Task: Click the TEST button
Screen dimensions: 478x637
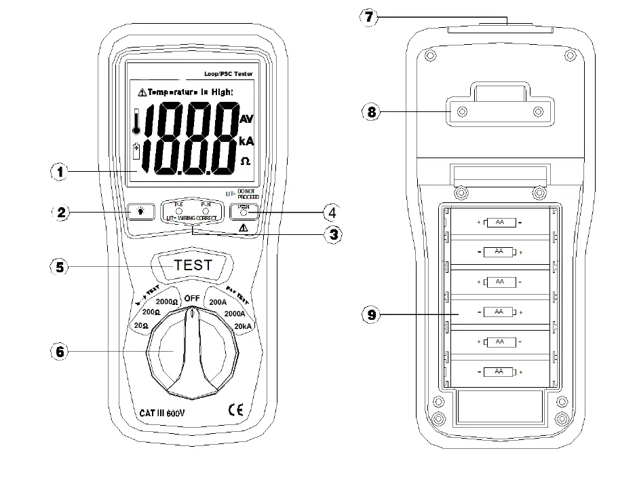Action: coord(193,265)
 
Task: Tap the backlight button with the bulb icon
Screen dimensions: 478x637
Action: coord(140,213)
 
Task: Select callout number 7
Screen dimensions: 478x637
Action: coord(368,18)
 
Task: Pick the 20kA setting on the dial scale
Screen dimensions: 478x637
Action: coord(242,327)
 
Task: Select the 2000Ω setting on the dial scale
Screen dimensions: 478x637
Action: coord(167,301)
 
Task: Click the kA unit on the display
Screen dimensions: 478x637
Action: coord(246,141)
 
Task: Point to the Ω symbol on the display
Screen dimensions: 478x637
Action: coord(246,162)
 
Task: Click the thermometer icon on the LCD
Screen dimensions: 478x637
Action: coord(137,123)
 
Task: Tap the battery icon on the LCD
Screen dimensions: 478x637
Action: coord(137,152)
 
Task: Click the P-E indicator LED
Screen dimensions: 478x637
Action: coord(179,211)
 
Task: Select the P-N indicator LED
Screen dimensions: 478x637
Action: coord(206,211)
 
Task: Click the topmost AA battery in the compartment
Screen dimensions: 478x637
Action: coord(499,222)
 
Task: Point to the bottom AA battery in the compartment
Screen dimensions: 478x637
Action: coord(499,371)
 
